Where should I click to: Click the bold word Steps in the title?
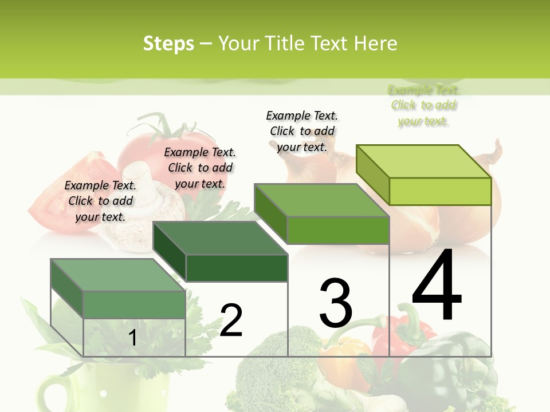(x=168, y=43)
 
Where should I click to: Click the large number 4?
(x=437, y=285)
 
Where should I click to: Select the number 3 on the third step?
(x=335, y=303)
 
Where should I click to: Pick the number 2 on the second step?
(x=231, y=320)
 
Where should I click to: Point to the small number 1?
(x=132, y=338)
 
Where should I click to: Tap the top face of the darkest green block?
(x=220, y=238)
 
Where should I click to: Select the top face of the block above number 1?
(x=118, y=275)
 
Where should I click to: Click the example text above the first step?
(x=100, y=201)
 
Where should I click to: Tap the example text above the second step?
(x=200, y=168)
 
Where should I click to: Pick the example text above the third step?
(x=302, y=131)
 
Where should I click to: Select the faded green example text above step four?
(x=423, y=105)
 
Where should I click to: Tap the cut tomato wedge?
(x=57, y=189)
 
